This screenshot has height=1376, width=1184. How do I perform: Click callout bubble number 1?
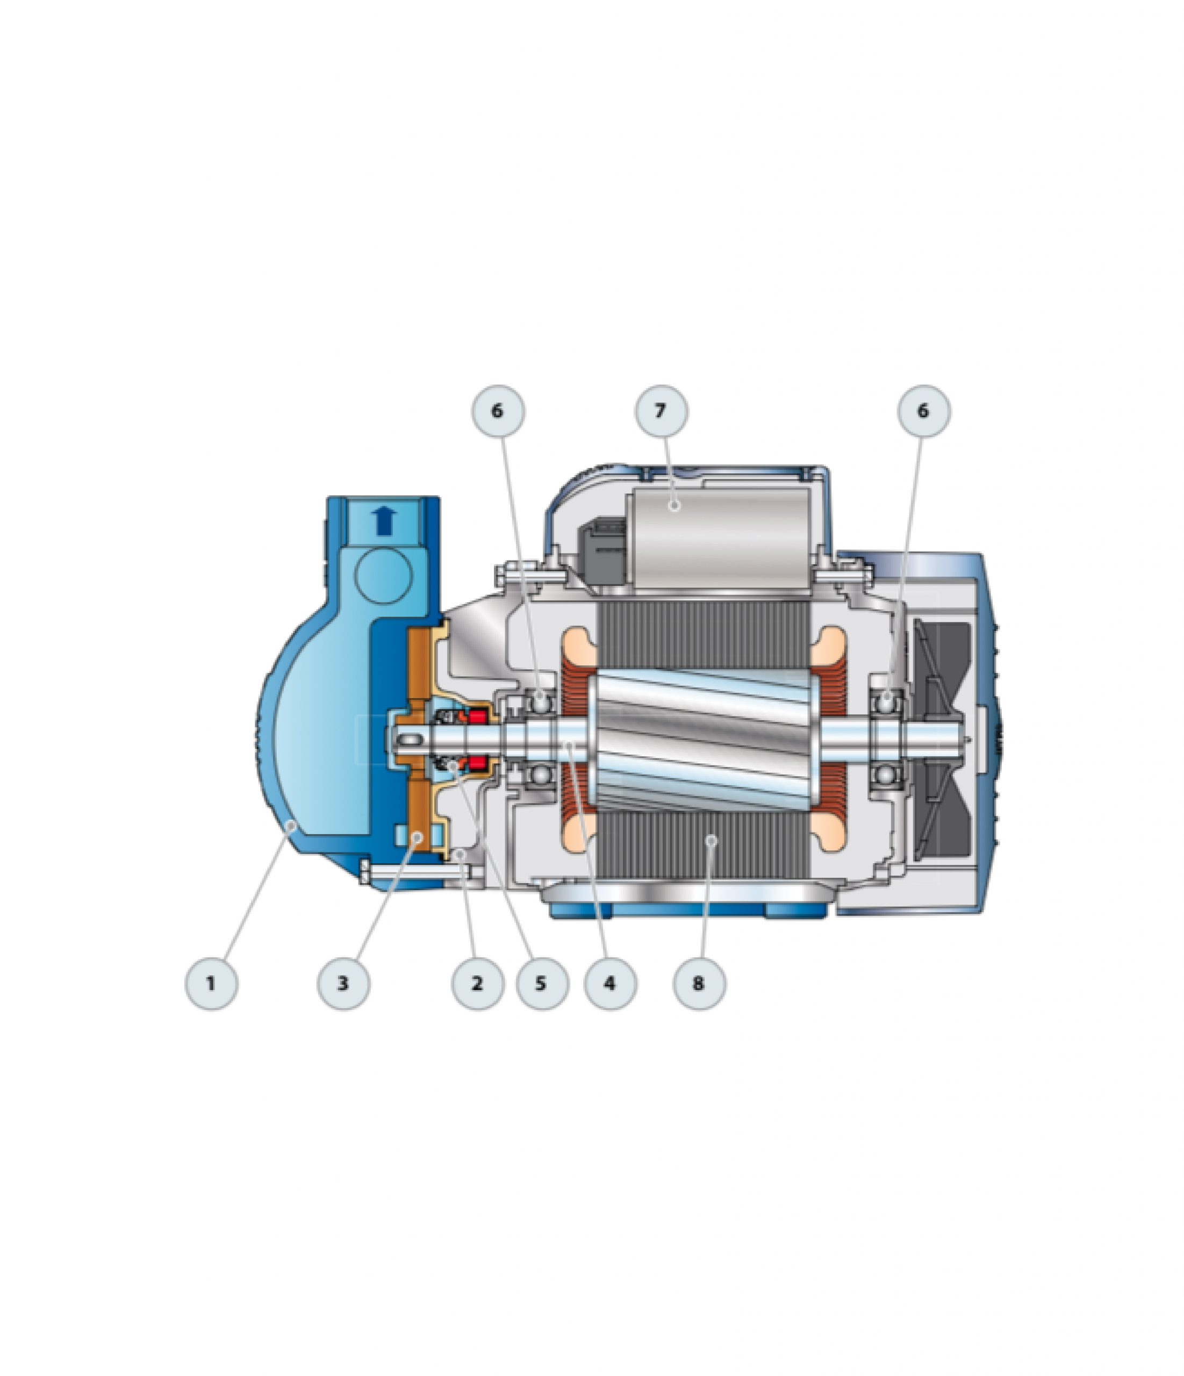click(x=211, y=984)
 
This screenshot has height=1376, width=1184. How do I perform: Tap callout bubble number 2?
click(x=477, y=984)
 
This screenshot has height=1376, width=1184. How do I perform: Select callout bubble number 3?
click(x=344, y=984)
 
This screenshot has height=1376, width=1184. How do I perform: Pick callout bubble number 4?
click(x=610, y=984)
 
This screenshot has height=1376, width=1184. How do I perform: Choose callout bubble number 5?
click(x=542, y=984)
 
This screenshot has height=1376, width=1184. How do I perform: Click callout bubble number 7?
click(x=662, y=411)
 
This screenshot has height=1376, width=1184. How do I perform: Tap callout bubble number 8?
click(x=699, y=984)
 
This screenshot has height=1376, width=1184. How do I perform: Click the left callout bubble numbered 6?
click(x=498, y=411)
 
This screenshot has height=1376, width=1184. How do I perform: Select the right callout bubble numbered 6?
click(x=924, y=411)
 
